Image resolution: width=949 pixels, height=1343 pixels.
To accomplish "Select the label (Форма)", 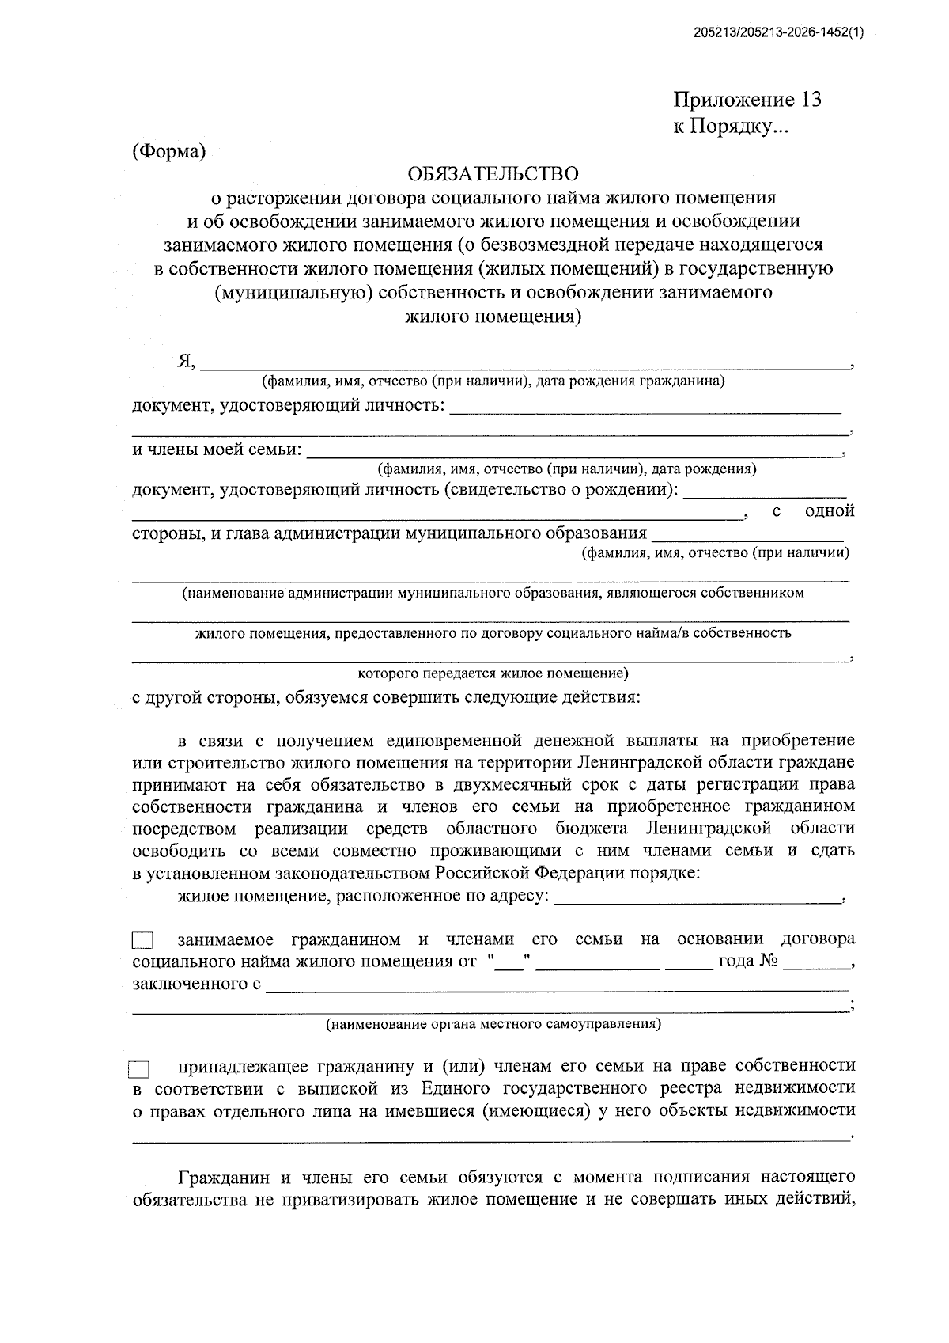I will point(168,152).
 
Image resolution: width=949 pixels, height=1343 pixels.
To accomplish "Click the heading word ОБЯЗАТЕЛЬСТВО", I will point(493,173).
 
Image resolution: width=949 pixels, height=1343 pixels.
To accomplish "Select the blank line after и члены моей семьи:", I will point(573,454).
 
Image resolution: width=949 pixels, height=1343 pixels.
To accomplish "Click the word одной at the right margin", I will point(829,510).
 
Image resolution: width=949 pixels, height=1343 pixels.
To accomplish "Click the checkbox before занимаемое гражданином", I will point(143,941).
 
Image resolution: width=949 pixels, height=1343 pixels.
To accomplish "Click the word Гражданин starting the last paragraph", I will point(224,1177).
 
